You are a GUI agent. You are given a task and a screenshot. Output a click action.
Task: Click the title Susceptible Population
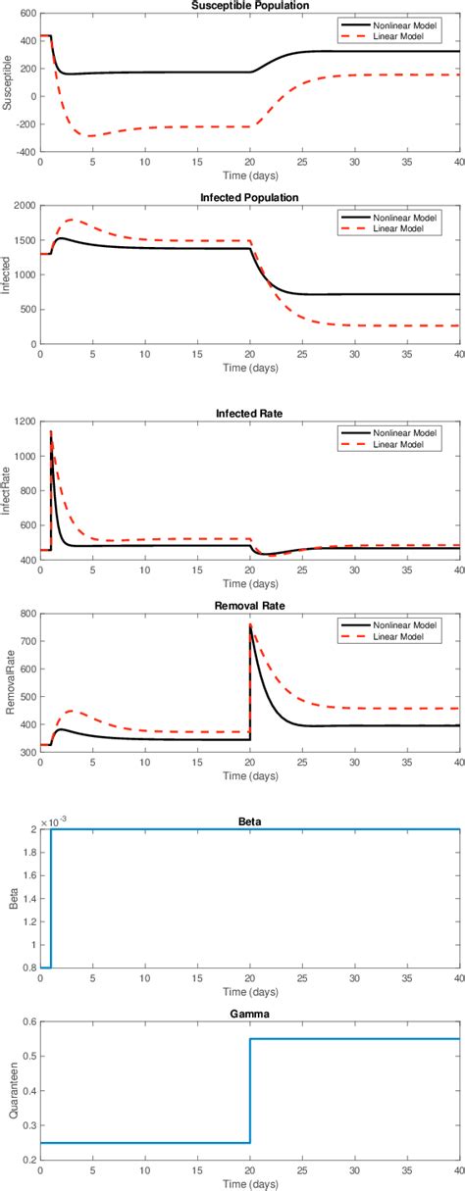(x=250, y=6)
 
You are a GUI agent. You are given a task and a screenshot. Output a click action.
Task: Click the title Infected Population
(x=250, y=197)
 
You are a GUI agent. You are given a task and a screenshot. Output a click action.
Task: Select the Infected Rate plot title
(x=250, y=414)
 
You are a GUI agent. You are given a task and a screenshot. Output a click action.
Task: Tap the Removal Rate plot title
(x=250, y=607)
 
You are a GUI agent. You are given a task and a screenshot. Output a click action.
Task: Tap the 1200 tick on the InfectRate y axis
(x=22, y=422)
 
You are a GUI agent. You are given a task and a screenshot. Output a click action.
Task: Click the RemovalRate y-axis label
(x=9, y=683)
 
